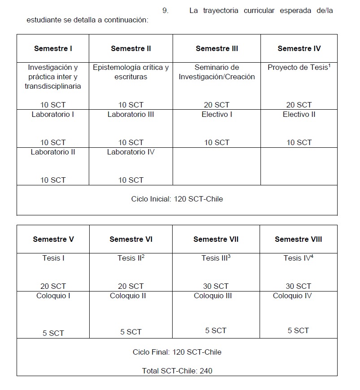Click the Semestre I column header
[53, 48]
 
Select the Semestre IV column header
[299, 48]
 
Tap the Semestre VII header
[216, 239]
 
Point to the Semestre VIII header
[298, 239]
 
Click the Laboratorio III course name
[130, 114]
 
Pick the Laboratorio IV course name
[130, 152]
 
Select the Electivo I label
[217, 114]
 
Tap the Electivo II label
[299, 114]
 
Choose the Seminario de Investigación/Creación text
[217, 72]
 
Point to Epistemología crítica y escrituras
[130, 72]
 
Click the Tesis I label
[53, 258]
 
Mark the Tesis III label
[215, 258]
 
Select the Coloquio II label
[130, 296]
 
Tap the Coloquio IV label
[292, 296]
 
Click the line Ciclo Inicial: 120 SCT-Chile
[177, 199]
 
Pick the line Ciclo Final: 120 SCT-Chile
[177, 352]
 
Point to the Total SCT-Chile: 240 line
[177, 371]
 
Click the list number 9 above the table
[165, 11]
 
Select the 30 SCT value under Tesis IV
[298, 286]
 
